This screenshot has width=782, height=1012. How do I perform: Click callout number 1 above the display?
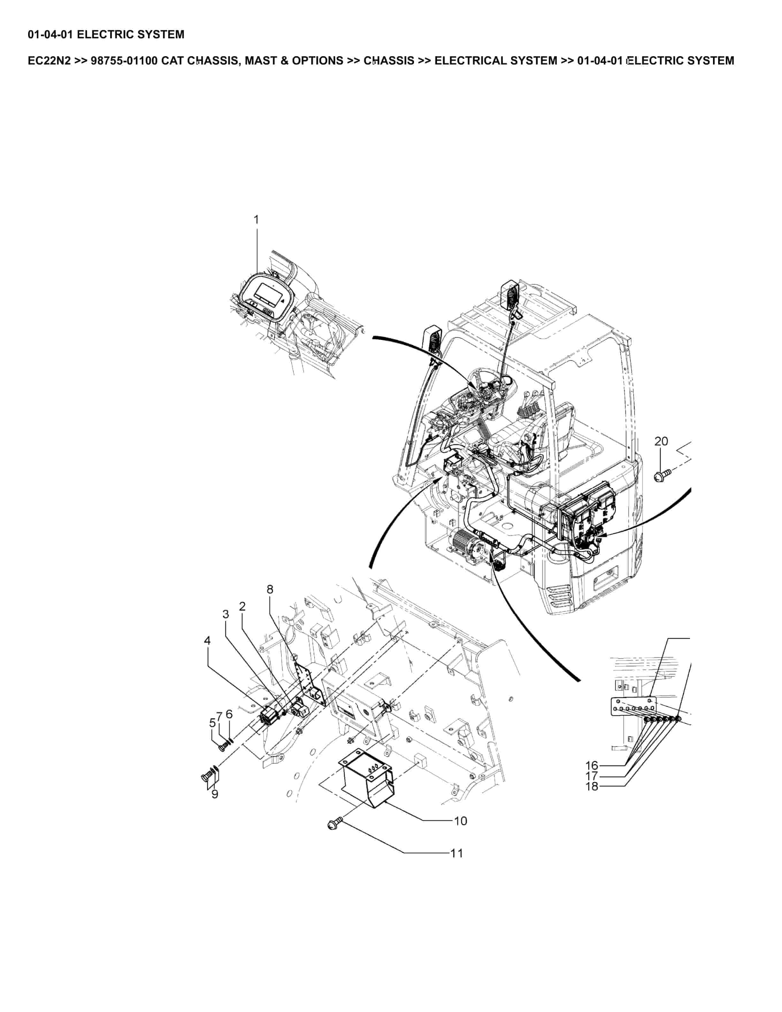point(257,220)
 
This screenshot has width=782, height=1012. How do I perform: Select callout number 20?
point(661,441)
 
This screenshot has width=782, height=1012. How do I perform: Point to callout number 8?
point(270,589)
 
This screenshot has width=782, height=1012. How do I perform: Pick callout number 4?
point(207,640)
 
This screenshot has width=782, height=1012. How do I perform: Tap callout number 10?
point(460,821)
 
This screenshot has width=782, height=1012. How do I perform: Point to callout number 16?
point(592,765)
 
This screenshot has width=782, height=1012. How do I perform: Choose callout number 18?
point(592,786)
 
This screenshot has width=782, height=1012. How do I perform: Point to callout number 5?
point(213,723)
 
